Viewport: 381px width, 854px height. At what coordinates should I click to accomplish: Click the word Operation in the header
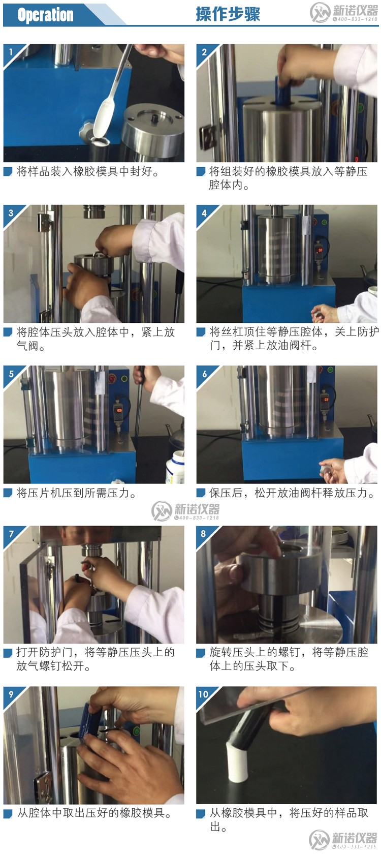point(45,15)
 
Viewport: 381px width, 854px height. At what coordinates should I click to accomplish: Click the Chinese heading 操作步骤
point(228,14)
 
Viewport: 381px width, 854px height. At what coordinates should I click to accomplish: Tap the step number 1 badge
point(10,51)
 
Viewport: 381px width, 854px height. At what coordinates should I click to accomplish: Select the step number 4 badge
point(204,212)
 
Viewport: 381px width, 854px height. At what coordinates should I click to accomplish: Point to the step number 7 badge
point(11,533)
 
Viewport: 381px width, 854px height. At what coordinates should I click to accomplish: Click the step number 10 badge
point(204,694)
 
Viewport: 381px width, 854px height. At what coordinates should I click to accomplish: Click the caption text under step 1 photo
point(87,172)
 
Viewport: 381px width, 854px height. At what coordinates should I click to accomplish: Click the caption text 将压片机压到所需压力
point(76,493)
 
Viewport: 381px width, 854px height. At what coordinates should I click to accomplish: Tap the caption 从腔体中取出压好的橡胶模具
point(94,813)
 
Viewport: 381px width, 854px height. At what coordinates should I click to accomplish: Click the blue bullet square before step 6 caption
point(201,493)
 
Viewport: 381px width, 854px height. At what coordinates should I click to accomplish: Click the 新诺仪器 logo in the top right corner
point(344,13)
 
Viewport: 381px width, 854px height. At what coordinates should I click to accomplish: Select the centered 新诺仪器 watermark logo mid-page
point(186,510)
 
